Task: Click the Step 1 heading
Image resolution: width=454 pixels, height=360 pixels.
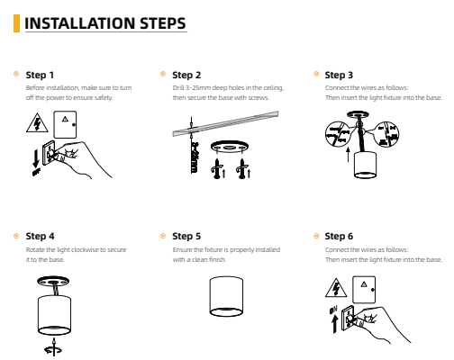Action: point(40,75)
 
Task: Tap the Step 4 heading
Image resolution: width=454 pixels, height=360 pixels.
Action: point(40,236)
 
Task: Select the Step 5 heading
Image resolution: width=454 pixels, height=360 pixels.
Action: point(186,236)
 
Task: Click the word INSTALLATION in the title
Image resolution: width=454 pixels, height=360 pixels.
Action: point(79,23)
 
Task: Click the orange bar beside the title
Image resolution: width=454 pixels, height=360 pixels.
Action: point(16,23)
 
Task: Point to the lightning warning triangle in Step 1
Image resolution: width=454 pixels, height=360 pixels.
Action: point(37,123)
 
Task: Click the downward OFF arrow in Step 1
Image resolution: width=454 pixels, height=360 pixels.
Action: point(36,159)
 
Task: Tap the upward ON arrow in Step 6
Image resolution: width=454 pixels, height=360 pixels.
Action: point(334,323)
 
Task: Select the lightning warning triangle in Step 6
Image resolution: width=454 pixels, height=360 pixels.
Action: point(336,289)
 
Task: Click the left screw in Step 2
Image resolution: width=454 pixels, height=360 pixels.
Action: point(217,170)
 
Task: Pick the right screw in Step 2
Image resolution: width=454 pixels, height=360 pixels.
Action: point(241,170)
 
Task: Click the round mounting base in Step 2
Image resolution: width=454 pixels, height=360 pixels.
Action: point(230,147)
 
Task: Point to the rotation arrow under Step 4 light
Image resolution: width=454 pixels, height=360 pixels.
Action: point(53,347)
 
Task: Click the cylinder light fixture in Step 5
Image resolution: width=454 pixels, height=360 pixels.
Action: point(226,296)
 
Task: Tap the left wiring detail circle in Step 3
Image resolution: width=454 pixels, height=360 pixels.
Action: point(338,134)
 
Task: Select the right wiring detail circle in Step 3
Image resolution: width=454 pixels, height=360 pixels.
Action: point(386,134)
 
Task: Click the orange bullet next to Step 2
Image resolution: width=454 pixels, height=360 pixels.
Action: point(163,74)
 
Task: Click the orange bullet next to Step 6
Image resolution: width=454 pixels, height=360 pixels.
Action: point(316,236)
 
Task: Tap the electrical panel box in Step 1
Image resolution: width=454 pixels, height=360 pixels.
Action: point(65,124)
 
